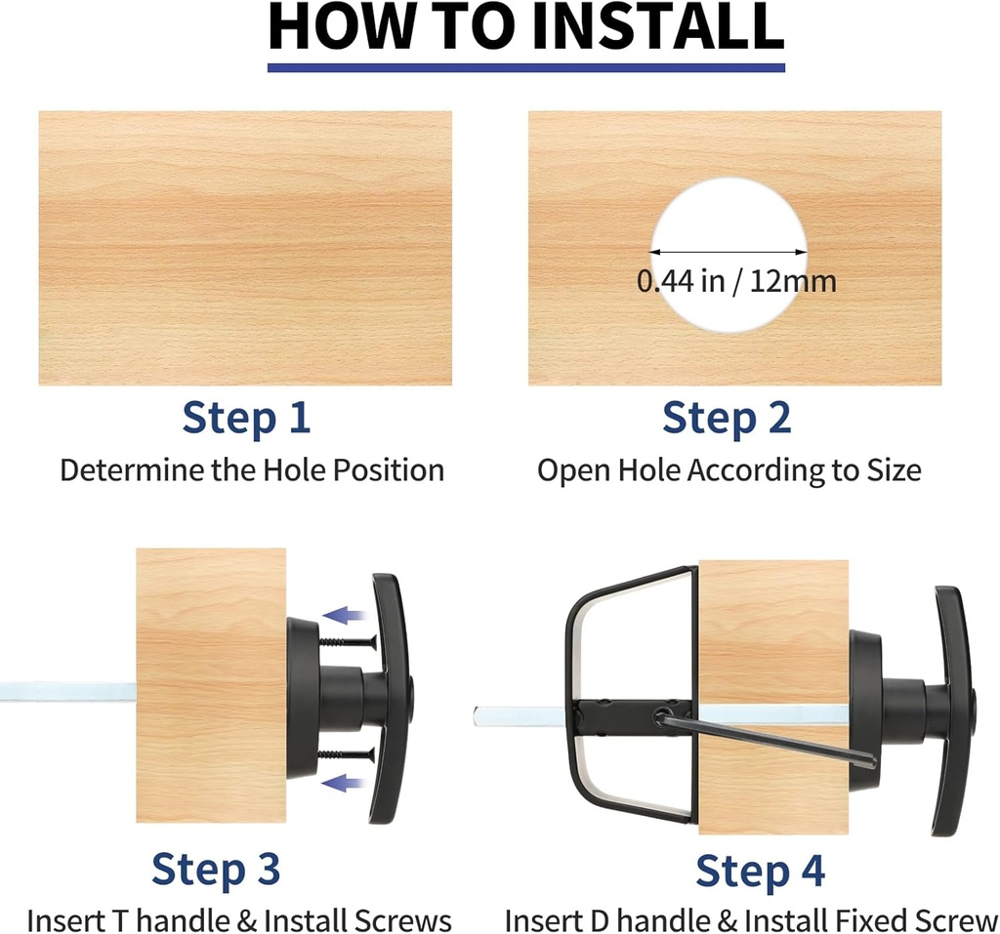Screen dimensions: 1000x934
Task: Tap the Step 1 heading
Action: [246, 419]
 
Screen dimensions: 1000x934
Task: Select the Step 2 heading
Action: [727, 419]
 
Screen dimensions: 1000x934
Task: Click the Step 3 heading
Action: [216, 869]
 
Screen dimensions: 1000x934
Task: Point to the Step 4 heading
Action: [760, 871]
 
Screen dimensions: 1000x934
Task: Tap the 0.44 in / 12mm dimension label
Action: [736, 281]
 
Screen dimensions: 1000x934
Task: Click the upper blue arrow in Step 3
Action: [345, 616]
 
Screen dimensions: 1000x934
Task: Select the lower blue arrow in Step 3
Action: [345, 783]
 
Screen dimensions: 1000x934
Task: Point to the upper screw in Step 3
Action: [348, 642]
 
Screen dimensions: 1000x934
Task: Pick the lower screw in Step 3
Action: [347, 755]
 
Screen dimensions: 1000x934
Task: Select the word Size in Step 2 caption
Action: [894, 470]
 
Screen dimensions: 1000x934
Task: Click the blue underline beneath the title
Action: [526, 67]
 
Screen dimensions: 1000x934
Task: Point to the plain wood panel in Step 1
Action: [245, 248]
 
